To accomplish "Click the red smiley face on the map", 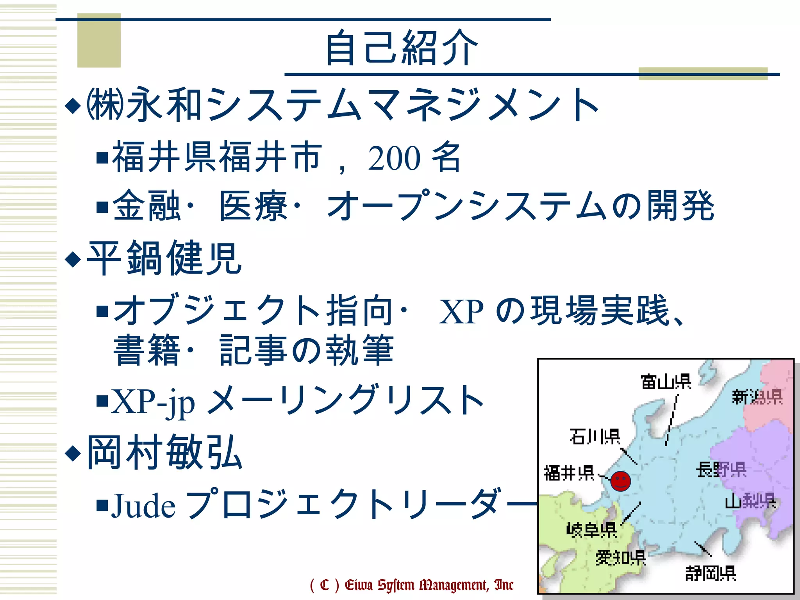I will pos(620,481).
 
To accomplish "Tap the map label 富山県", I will pos(666,382).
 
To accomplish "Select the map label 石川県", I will pos(595,436).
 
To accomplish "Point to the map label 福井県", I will pos(569,473).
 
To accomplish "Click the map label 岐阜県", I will pos(591,530).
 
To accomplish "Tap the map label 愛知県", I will pos(620,557).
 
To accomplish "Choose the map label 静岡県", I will pos(711,573).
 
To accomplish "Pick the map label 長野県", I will pos(721,470).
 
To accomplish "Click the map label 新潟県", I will pos(757,397).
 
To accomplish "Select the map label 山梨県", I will pos(750,501).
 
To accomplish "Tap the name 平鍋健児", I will pos(164,258).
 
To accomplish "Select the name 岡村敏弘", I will pos(164,452).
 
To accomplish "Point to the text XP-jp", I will pos(153,401).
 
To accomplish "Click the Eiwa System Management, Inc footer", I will pos(412,585).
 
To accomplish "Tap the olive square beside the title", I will pos(99,40).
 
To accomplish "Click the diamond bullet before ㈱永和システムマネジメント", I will pos(73,105).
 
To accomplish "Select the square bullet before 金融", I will pos(102,207).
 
